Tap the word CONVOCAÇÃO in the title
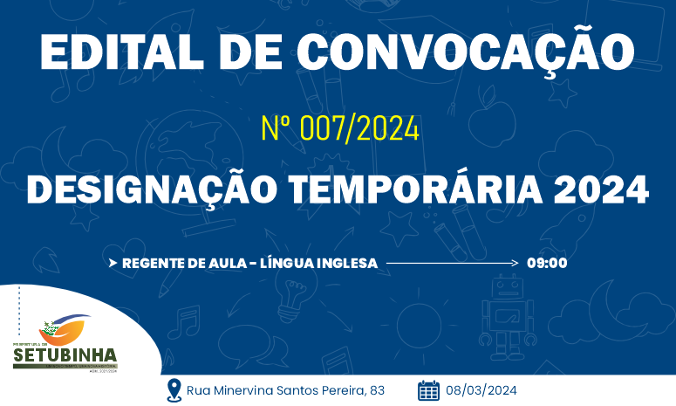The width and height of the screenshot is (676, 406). [x=465, y=52]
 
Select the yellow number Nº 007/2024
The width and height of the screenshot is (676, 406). [x=340, y=129]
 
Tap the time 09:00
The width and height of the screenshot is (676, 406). [x=547, y=263]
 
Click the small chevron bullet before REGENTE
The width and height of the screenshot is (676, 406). [x=113, y=263]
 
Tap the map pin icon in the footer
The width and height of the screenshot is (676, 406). [x=174, y=389]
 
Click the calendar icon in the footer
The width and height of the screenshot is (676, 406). [x=428, y=389]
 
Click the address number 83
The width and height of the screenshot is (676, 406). [x=377, y=389]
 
